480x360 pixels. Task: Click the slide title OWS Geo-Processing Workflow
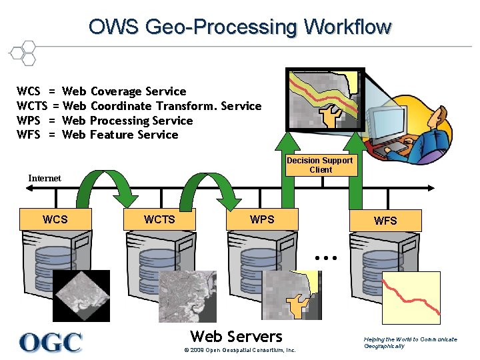240,27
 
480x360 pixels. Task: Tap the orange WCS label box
55,219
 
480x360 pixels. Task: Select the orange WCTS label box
159,219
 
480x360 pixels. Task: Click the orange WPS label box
262,219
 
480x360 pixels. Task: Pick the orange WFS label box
385,221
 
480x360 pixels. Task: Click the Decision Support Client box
320,165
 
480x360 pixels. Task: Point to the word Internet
45,178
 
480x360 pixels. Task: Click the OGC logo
51,341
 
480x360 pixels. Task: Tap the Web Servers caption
237,336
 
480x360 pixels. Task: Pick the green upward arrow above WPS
287,170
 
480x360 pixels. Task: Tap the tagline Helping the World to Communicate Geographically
411,343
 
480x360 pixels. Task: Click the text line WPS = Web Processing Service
105,121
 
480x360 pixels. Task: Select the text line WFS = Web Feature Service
97,135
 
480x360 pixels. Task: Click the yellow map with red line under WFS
415,294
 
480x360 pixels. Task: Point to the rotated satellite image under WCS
81,296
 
